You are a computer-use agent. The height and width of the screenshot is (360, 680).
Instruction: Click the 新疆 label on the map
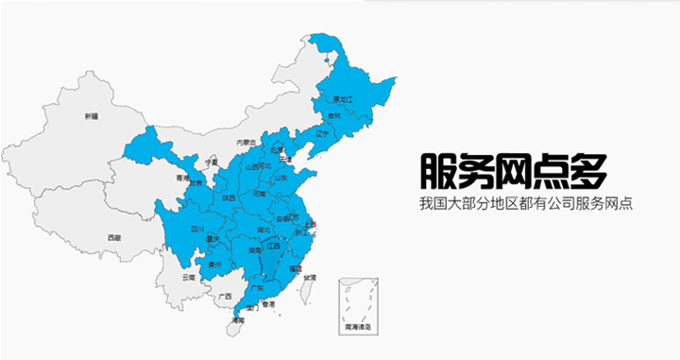91,116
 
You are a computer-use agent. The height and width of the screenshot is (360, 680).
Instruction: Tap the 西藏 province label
113,237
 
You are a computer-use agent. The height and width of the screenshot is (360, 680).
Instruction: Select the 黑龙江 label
342,98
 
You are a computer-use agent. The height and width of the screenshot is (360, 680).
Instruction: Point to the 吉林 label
333,116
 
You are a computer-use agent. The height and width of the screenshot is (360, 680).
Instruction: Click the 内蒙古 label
246,142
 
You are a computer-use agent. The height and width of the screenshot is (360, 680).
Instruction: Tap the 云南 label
189,277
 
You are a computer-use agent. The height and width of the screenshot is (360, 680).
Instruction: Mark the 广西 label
225,297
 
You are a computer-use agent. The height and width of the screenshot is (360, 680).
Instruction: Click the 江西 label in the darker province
274,246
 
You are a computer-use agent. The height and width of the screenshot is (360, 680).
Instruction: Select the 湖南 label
254,250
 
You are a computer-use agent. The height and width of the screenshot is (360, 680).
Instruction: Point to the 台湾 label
309,277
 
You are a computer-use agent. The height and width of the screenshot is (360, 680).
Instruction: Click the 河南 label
260,194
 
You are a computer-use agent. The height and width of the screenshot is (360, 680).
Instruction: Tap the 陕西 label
229,198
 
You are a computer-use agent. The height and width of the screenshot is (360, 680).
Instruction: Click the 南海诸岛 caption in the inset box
358,326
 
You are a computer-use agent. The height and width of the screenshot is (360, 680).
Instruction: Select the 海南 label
238,321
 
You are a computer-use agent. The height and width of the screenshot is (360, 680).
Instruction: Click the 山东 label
280,177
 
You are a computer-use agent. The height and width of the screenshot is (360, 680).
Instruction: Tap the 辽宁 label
320,133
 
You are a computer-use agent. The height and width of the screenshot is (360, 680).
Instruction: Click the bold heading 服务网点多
512,169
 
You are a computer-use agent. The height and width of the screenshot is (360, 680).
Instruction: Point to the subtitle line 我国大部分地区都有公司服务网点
526,204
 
